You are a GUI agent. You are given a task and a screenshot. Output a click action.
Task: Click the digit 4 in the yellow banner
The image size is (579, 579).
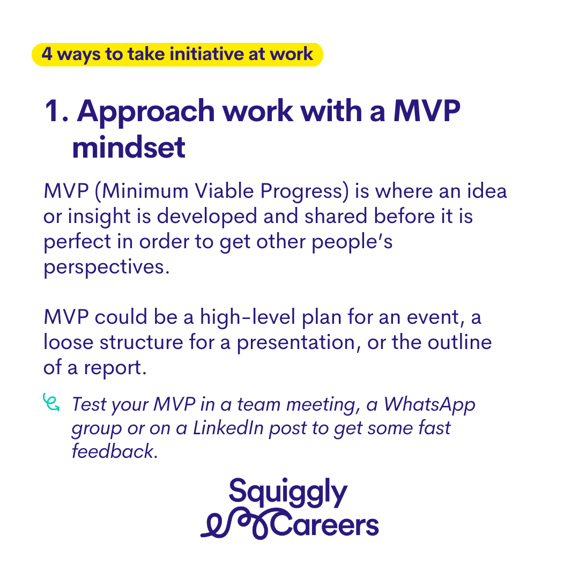(x=47, y=54)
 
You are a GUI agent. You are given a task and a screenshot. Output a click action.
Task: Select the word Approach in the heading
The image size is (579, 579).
(x=145, y=112)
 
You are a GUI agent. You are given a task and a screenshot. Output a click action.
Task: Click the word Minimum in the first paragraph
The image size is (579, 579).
(x=145, y=191)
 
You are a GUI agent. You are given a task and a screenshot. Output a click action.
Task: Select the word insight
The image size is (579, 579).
(x=99, y=217)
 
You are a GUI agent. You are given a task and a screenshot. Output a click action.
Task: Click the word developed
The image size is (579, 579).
(x=207, y=217)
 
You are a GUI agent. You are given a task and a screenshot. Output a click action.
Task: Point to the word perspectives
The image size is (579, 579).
(x=106, y=268)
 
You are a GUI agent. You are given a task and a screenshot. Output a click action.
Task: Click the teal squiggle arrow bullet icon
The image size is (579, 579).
(x=51, y=402)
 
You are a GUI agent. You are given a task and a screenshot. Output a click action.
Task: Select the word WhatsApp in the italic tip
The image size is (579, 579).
(x=429, y=405)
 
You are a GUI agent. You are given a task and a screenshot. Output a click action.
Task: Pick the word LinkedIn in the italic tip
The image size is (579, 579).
(x=228, y=428)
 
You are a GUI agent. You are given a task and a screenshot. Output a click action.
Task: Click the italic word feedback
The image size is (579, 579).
(x=115, y=451)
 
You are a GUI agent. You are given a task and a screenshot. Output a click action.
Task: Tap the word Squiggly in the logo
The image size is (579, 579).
(x=288, y=493)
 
